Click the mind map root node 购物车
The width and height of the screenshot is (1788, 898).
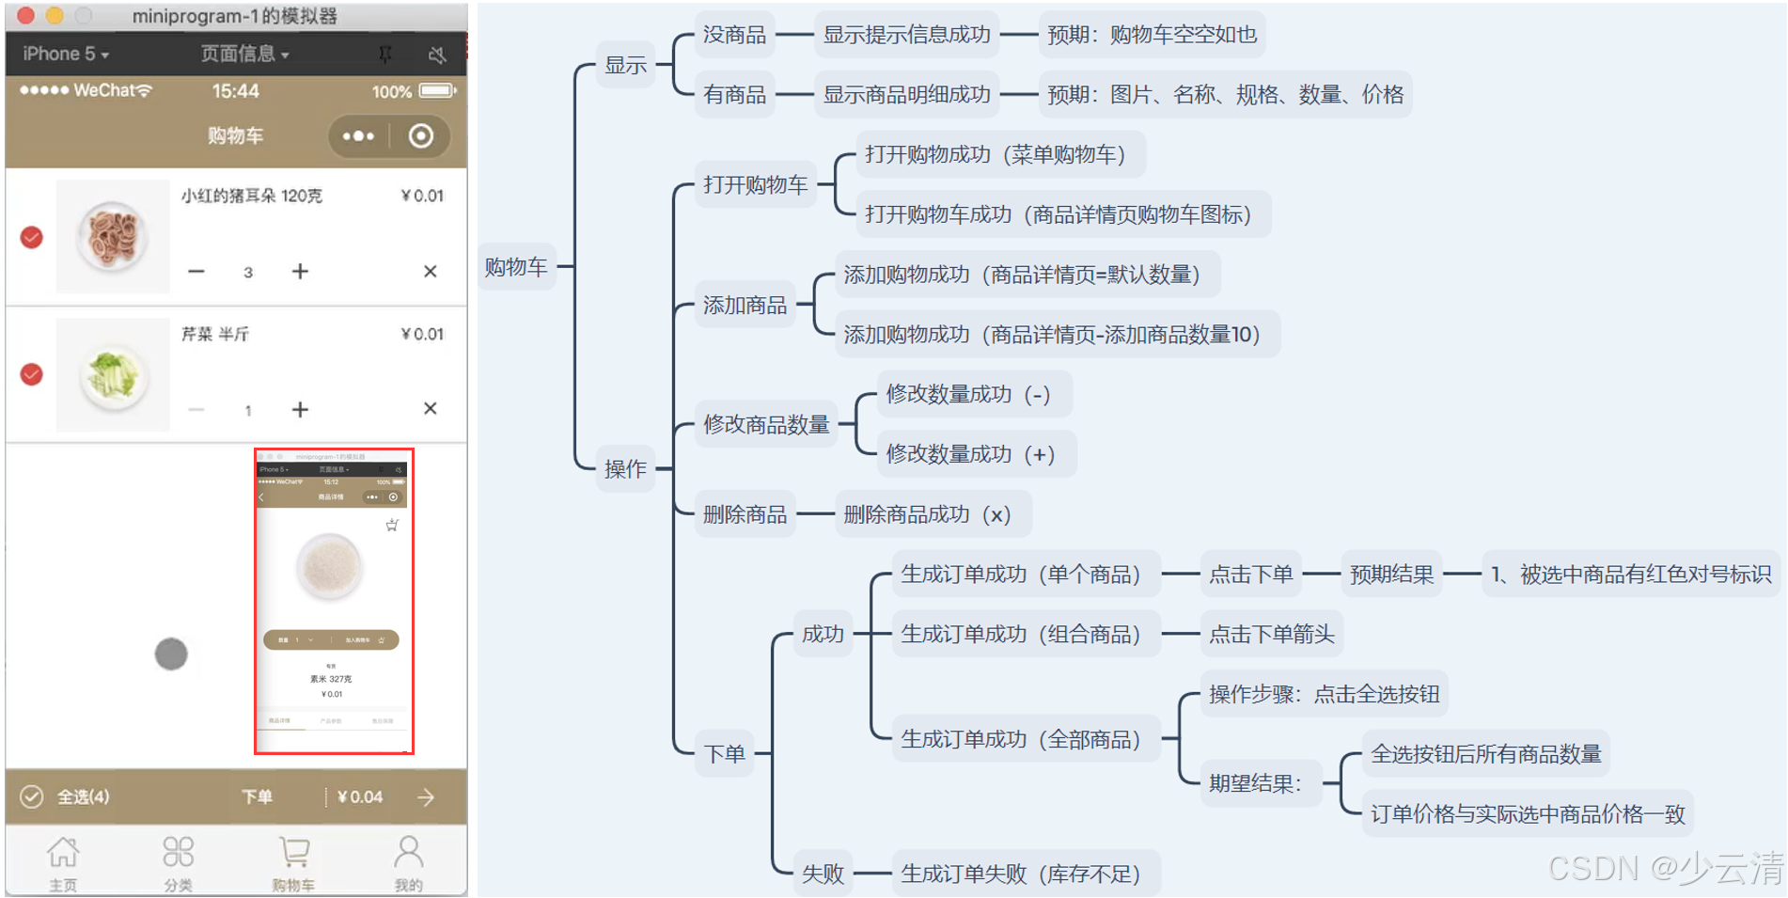pyautogui.click(x=516, y=267)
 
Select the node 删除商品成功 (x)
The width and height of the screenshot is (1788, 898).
pyautogui.click(x=927, y=514)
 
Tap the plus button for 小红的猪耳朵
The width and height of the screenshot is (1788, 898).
pyautogui.click(x=300, y=272)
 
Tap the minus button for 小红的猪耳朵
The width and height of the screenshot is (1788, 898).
pyautogui.click(x=196, y=272)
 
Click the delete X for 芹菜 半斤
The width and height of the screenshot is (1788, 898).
pyautogui.click(x=430, y=409)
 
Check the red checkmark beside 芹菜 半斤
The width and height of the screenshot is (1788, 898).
pyautogui.click(x=32, y=374)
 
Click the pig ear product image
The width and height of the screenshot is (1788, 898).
pyautogui.click(x=113, y=236)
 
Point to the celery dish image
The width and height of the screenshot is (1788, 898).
pyautogui.click(x=113, y=375)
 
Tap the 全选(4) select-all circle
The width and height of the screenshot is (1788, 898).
pyautogui.click(x=32, y=797)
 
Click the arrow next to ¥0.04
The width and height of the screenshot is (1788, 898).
pyautogui.click(x=426, y=797)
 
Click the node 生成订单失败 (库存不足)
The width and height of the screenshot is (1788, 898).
pyautogui.click(x=1020, y=874)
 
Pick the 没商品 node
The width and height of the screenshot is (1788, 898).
pyautogui.click(x=734, y=35)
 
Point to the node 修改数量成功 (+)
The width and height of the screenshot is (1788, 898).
pyautogui.click(x=970, y=454)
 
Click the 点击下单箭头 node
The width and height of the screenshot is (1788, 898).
pyautogui.click(x=1271, y=635)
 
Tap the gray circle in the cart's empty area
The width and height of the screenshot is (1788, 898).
pyautogui.click(x=171, y=654)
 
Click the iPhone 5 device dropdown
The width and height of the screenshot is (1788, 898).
pyautogui.click(x=66, y=54)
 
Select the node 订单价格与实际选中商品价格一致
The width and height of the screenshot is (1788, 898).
pyautogui.click(x=1528, y=813)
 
